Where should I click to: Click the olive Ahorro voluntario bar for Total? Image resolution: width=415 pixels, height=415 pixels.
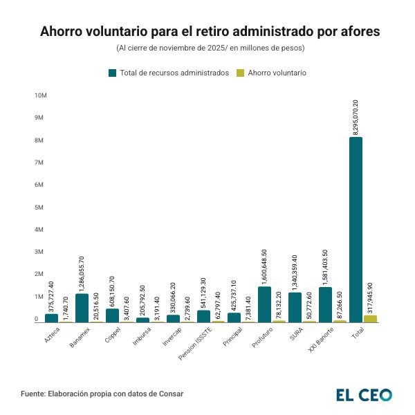[371, 319]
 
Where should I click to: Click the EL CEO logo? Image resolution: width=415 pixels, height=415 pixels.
[364, 395]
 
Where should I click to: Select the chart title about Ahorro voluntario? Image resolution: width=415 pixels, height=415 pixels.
[207, 32]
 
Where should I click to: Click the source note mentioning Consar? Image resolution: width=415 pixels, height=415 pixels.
[102, 394]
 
